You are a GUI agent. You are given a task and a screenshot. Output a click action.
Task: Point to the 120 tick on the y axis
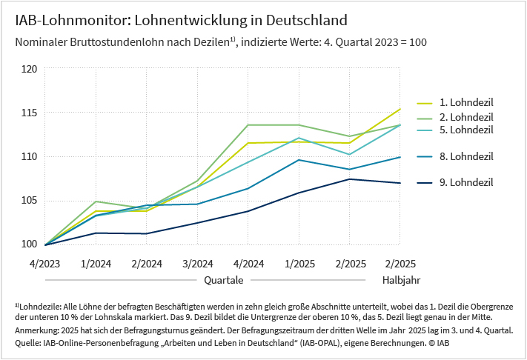(29, 69)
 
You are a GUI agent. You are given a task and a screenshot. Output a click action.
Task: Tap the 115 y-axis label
(29, 113)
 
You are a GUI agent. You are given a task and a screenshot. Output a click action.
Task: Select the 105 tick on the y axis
(29, 200)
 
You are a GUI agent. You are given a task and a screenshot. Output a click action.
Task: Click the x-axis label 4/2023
(44, 263)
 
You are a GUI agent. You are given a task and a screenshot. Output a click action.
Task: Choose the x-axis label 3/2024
(197, 263)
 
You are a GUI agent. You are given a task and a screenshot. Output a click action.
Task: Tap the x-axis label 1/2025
(299, 263)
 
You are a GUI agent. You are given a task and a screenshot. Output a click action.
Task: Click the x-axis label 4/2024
(248, 263)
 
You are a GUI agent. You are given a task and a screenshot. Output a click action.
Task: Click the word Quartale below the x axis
(224, 281)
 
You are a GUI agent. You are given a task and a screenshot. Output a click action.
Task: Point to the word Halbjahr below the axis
(402, 281)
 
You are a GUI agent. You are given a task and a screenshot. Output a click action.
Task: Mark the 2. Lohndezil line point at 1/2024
(96, 201)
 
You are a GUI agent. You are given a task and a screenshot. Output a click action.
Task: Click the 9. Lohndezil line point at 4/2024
(248, 211)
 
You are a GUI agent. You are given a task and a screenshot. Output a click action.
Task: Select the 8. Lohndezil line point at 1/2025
(299, 160)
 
